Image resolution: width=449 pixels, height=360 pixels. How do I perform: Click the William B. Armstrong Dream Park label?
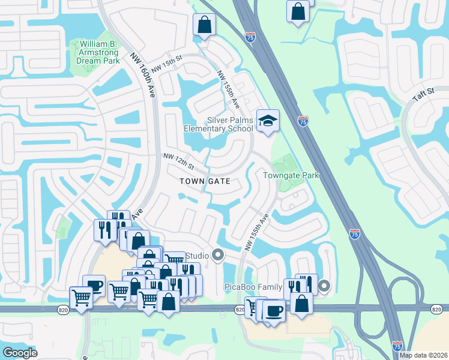click(94, 53)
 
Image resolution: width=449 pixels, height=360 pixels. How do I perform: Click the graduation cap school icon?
click(268, 121)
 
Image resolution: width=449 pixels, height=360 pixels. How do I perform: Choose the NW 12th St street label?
click(179, 160)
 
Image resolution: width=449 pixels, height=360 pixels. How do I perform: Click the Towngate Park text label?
click(291, 175)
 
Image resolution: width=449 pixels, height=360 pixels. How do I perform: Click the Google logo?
click(20, 352)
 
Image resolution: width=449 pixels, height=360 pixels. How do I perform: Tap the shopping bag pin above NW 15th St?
click(204, 25)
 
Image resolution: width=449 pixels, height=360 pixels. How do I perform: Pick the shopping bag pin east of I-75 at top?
click(298, 11)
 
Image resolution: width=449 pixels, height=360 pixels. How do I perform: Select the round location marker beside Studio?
click(218, 257)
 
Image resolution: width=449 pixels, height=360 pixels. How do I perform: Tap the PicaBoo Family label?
click(253, 287)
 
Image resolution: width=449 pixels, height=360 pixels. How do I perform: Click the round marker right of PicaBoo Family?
click(324, 287)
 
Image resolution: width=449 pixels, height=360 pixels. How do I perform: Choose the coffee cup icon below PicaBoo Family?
click(274, 311)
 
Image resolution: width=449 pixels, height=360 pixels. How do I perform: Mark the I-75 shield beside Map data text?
click(397, 346)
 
